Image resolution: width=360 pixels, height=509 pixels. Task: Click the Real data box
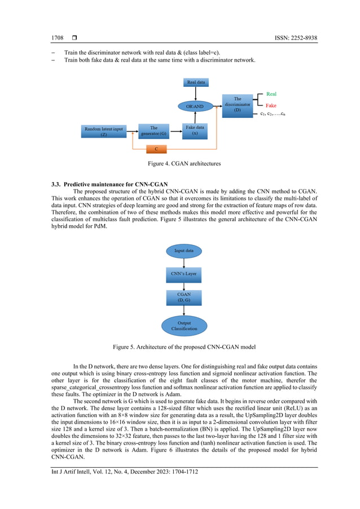(x=196, y=83)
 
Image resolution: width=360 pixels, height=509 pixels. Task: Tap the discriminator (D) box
(x=238, y=106)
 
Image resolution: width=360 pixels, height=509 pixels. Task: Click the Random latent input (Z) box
(x=104, y=131)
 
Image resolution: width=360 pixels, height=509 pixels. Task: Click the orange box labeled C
(x=164, y=150)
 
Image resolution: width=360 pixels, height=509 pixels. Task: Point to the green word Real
(x=271, y=94)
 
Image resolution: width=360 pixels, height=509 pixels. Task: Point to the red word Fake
(x=271, y=106)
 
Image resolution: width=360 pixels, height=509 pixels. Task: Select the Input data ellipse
(x=183, y=250)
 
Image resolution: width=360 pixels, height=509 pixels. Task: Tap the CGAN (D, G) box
(x=183, y=297)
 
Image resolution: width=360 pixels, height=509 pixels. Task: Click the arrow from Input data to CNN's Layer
(x=183, y=262)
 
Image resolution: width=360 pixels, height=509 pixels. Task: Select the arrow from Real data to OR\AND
(x=196, y=94)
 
